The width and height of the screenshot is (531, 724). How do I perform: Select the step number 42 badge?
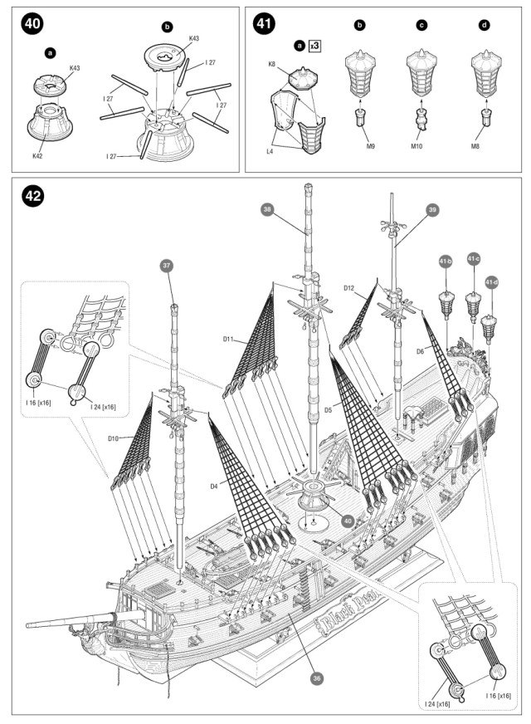click(33, 197)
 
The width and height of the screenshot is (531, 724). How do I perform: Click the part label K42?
click(38, 155)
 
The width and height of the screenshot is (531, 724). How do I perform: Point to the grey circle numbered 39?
click(433, 211)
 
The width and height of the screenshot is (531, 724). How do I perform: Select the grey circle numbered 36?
click(316, 678)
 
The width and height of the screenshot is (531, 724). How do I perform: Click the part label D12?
click(349, 287)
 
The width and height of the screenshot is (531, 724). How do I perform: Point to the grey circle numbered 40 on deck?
click(348, 521)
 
